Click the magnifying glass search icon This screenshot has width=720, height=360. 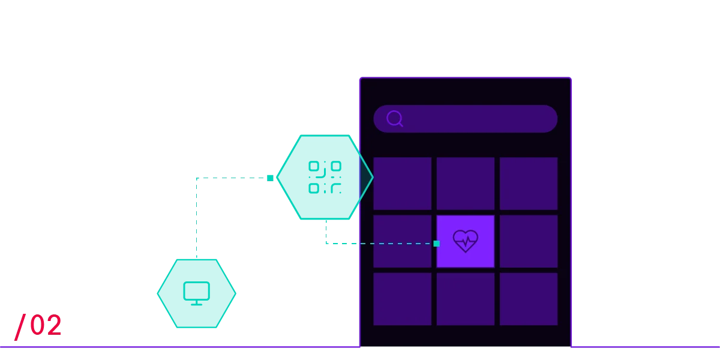[394, 118]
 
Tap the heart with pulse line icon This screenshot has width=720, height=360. [466, 241]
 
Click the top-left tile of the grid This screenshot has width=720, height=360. [402, 183]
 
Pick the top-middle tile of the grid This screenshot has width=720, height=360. [466, 183]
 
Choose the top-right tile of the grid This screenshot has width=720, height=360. [529, 183]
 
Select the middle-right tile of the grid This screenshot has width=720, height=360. [529, 241]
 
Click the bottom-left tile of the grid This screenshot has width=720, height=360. [402, 299]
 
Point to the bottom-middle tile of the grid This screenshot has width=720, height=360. [466, 299]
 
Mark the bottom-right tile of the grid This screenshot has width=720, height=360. [529, 299]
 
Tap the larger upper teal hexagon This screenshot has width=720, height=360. [321, 177]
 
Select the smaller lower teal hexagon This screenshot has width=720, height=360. [197, 293]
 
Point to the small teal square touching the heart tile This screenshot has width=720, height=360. [436, 244]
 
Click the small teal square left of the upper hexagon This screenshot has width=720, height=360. [269, 177]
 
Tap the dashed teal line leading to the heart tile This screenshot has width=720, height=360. [384, 244]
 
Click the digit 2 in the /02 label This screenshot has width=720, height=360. [53, 325]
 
